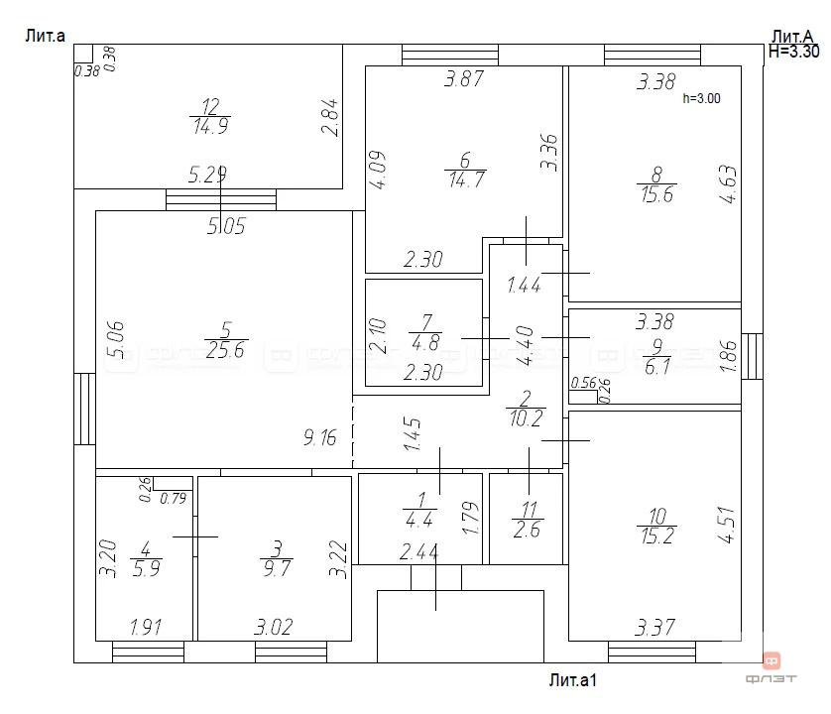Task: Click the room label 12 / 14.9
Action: tap(209, 116)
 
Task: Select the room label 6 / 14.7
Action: tap(463, 170)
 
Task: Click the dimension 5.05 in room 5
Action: tap(225, 226)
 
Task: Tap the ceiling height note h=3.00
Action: tap(702, 98)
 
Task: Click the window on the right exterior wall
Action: tap(753, 356)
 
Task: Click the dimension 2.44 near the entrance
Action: tap(419, 551)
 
